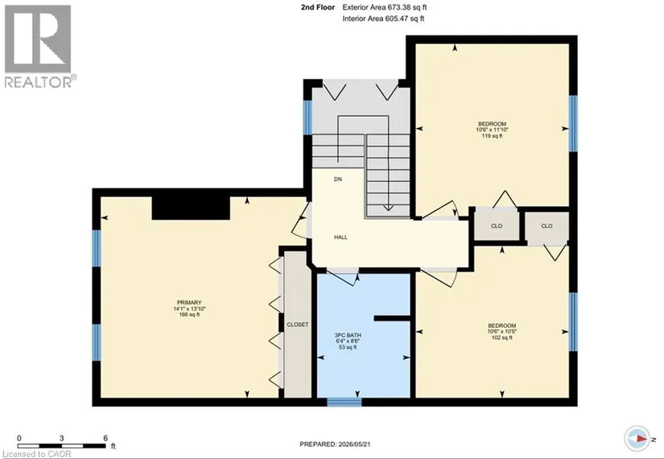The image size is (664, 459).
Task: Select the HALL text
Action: click(340, 238)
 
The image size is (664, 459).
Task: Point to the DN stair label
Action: click(338, 180)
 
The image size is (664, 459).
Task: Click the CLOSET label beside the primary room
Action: click(298, 325)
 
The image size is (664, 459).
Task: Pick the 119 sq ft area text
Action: click(492, 136)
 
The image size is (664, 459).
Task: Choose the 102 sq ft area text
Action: click(502, 337)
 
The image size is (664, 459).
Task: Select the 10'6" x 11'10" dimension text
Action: click(492, 130)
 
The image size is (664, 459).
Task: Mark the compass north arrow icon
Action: click(637, 438)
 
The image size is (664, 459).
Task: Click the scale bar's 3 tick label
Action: click(62, 438)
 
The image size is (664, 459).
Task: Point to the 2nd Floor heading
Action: click(318, 7)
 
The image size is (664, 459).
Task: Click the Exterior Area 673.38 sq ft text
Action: click(381, 7)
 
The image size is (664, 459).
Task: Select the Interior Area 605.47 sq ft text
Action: click(383, 19)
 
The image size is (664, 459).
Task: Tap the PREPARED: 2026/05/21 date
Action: click(335, 445)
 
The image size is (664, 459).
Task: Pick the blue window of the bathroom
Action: click(344, 402)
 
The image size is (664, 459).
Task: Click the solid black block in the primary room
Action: click(191, 208)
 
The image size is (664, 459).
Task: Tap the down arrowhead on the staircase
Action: click(388, 208)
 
